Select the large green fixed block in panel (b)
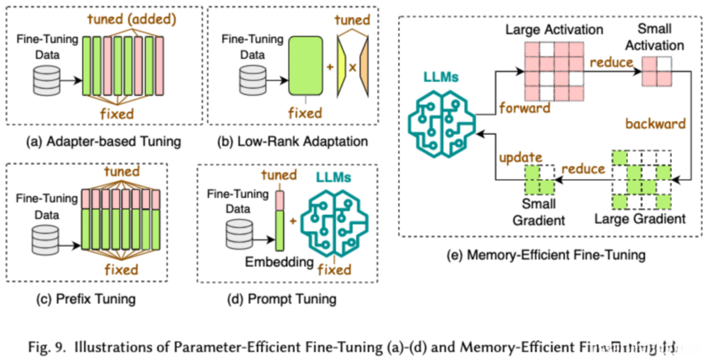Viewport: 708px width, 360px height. point(305,68)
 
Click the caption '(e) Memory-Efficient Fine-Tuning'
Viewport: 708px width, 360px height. point(555,254)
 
